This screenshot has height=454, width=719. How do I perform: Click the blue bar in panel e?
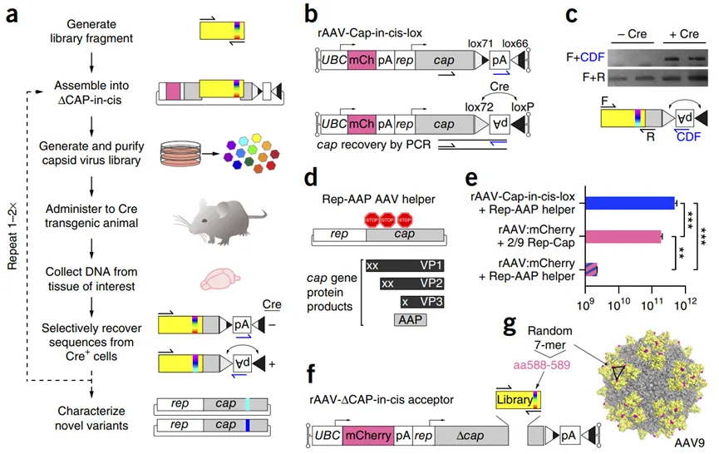pyautogui.click(x=629, y=202)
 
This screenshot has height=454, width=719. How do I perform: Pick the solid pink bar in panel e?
pyautogui.click(x=623, y=236)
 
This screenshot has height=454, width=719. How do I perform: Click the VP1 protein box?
pyautogui.click(x=402, y=265)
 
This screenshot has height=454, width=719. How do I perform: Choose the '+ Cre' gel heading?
pyautogui.click(x=684, y=36)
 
